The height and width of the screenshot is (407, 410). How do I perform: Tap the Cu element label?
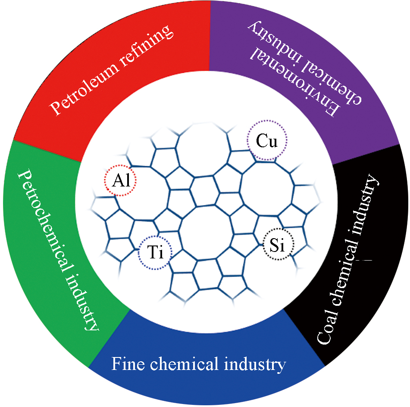[266, 141]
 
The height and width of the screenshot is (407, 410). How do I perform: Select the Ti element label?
[155, 253]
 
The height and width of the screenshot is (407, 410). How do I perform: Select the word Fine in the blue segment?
[125, 364]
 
